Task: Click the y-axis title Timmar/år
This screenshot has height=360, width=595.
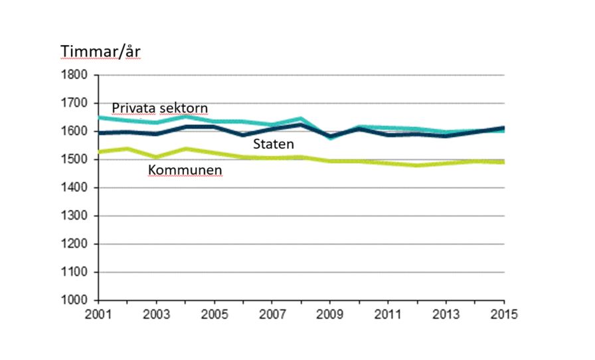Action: pyautogui.click(x=100, y=52)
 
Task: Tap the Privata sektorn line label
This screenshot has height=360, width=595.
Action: pyautogui.click(x=159, y=108)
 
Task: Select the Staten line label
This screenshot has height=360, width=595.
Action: pyautogui.click(x=272, y=143)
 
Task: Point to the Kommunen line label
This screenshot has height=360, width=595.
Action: pyautogui.click(x=185, y=171)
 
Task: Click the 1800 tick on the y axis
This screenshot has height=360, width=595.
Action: pyautogui.click(x=76, y=75)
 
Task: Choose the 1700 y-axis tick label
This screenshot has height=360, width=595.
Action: pyautogui.click(x=76, y=104)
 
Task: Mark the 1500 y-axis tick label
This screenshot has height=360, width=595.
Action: pyautogui.click(x=76, y=159)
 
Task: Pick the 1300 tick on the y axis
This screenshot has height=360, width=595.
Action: pyautogui.click(x=76, y=216)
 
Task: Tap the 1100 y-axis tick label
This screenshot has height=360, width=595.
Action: pyautogui.click(x=76, y=272)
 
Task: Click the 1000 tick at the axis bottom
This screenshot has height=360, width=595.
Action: pyautogui.click(x=76, y=300)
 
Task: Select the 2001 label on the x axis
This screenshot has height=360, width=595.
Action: pyautogui.click(x=99, y=313)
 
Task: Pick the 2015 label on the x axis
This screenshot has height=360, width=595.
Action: pyautogui.click(x=503, y=313)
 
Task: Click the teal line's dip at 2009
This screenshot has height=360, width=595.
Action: pyautogui.click(x=330, y=138)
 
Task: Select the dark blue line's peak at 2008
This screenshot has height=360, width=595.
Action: pyautogui.click(x=301, y=125)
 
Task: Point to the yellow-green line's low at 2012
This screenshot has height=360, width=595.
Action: pyautogui.click(x=416, y=165)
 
